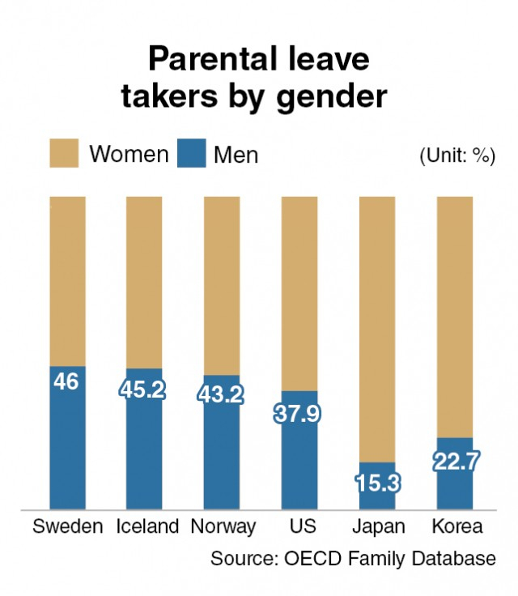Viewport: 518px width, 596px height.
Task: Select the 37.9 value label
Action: pos(299,414)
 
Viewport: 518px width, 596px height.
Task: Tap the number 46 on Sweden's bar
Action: pos(66,381)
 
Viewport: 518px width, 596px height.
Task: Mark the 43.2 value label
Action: pos(221,395)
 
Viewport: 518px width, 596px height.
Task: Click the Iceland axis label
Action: pos(147,527)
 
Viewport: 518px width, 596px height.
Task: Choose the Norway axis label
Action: pos(223,527)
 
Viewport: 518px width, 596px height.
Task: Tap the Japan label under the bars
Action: pos(378,527)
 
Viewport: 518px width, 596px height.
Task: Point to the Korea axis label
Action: pos(456,527)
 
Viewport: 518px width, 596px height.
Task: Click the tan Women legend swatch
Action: pos(64,153)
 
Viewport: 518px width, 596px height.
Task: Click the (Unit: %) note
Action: pos(457,156)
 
